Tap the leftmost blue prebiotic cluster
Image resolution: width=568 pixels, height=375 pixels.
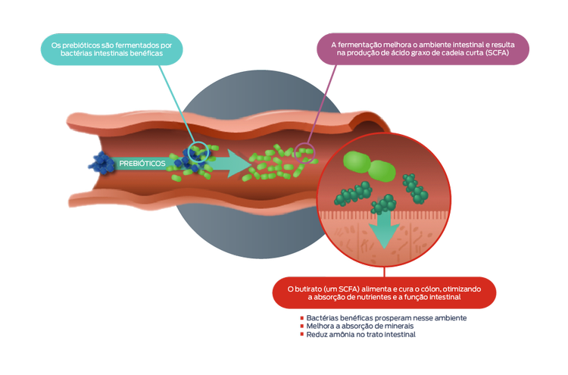[98, 166]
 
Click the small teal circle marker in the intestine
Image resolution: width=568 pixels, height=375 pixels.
[198, 151]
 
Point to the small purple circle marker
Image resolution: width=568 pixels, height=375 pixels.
[304, 149]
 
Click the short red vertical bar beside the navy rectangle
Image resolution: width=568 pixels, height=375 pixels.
[304, 330]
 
